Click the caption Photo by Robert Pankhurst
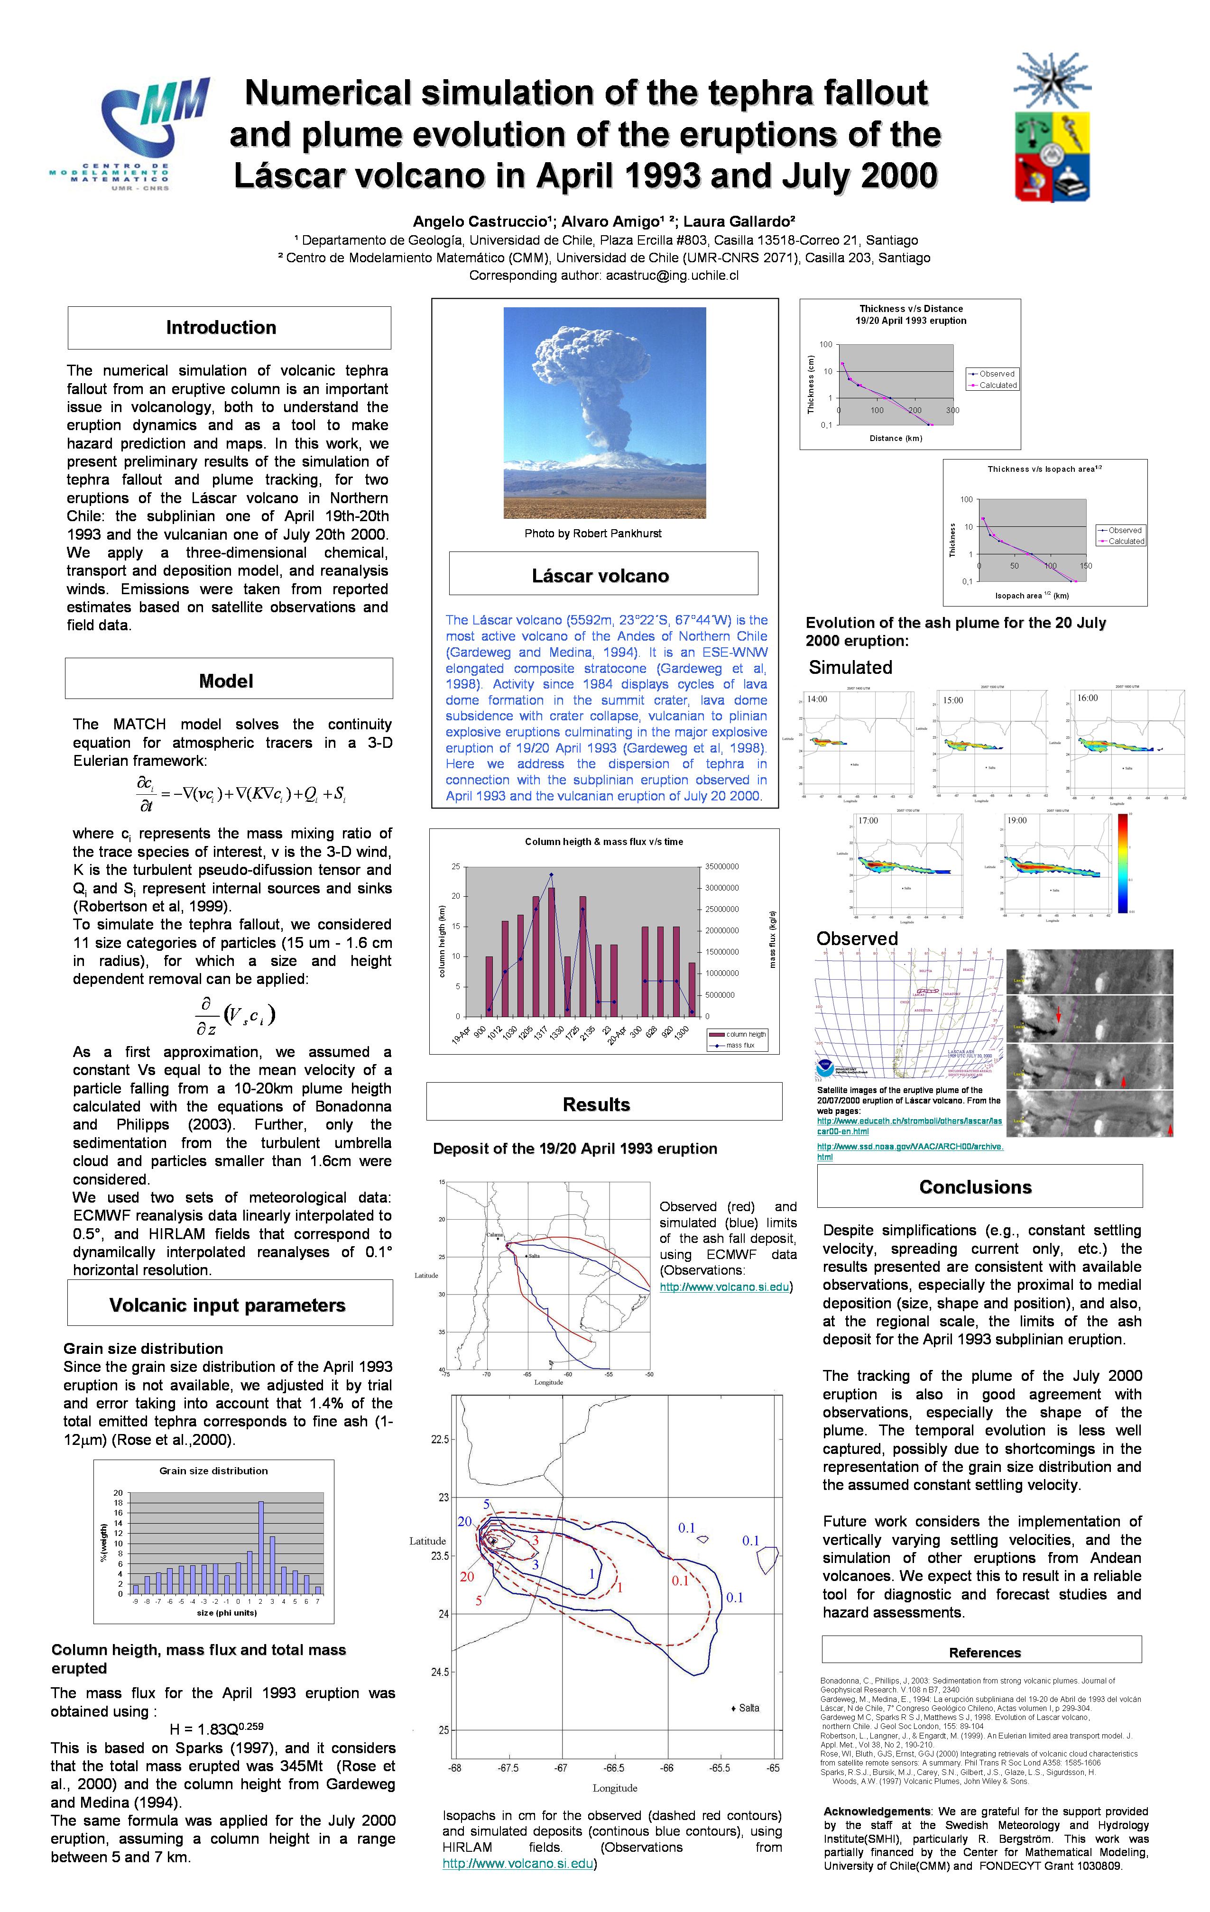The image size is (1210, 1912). click(592, 533)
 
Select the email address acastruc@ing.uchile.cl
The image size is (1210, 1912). click(672, 276)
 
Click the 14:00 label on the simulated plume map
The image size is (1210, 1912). click(817, 699)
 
